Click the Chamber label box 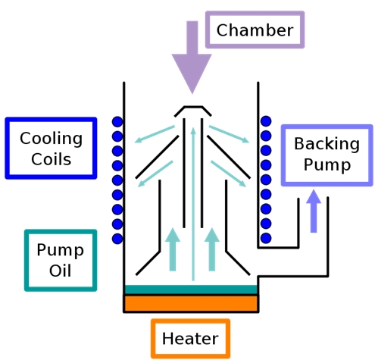click(x=255, y=30)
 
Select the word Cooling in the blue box click(x=51, y=139)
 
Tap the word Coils click(x=52, y=159)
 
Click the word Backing click(x=327, y=144)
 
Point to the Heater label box click(x=190, y=339)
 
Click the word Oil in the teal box click(x=60, y=271)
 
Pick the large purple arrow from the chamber click(x=192, y=58)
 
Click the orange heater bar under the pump click(x=191, y=304)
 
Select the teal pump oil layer click(x=191, y=290)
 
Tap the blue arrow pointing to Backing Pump click(x=314, y=211)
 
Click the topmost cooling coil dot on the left click(x=117, y=122)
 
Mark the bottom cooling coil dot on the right click(x=266, y=238)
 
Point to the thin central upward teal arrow click(x=193, y=204)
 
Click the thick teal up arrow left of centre click(x=173, y=249)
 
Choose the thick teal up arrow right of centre click(x=212, y=249)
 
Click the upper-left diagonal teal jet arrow click(x=155, y=134)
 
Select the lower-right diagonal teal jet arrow click(x=228, y=174)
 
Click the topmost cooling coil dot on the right click(x=266, y=121)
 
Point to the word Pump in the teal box click(x=60, y=250)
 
